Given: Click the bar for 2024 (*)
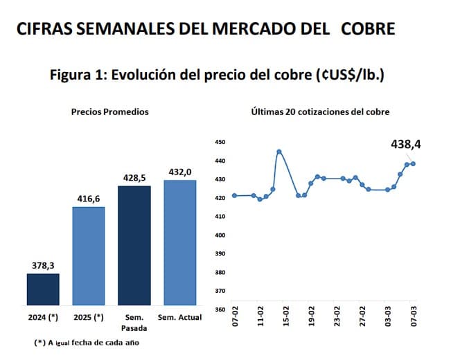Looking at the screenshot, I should point(43,289).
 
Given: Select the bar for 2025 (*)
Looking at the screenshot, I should point(88,255).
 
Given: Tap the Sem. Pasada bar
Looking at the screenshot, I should point(134,245).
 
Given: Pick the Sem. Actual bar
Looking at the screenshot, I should point(180,242).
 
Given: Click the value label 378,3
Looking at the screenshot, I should point(43,264).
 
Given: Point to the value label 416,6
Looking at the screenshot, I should point(88,199).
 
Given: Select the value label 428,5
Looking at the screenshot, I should point(134,178).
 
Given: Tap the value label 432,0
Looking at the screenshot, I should point(180,172).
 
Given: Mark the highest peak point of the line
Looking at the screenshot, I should point(279,151).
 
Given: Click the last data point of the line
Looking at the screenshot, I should point(413,163).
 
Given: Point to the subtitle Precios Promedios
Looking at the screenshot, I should point(110,111).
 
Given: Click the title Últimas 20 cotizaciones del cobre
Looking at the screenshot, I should point(320,111).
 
